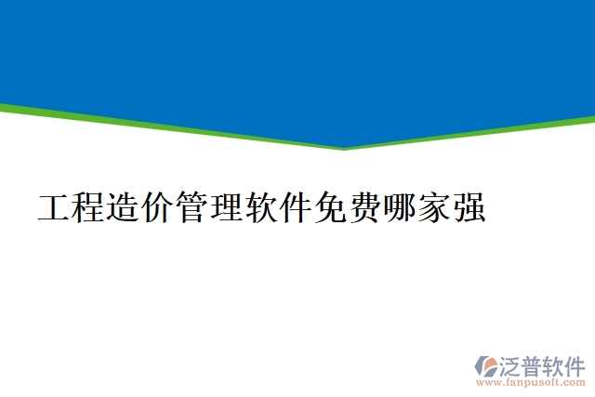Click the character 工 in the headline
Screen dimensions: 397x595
55,207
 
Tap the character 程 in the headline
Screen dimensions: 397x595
89,207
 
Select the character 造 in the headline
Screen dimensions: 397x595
124,207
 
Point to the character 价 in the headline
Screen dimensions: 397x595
158,207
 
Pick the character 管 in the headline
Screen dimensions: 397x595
192,207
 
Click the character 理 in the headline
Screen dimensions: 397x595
227,207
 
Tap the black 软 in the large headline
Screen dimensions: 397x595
261,207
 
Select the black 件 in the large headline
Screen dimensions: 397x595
296,207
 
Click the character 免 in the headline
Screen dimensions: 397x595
330,207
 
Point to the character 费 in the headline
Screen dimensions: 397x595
364,207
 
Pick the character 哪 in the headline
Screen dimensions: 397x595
399,207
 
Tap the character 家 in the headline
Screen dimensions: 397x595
433,207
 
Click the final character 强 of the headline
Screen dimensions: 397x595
468,207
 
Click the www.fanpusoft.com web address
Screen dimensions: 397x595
531,381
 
